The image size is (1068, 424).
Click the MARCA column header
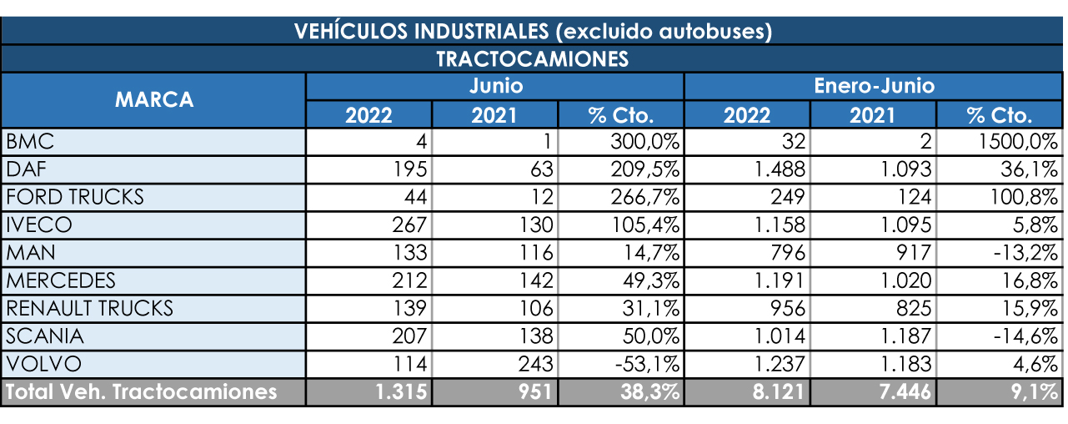point(154,100)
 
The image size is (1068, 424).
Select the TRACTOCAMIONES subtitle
point(532,59)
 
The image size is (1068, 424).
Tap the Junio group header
point(495,86)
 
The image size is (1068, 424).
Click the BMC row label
point(30,141)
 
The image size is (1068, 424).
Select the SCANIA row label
point(44,336)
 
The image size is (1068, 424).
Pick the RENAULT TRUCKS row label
point(90,308)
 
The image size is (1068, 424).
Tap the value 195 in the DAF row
point(410,169)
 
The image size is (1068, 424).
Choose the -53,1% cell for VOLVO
point(645,365)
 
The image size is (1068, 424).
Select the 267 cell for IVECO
point(409,225)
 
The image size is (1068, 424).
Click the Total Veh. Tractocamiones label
point(141,392)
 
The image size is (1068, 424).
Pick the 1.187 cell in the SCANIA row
point(902,336)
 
